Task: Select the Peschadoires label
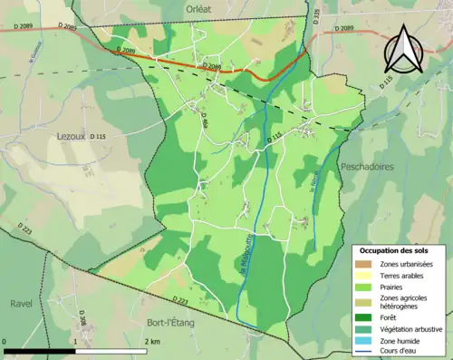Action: pos(365,167)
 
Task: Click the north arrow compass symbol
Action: pos(403,50)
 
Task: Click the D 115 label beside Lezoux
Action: pos(93,137)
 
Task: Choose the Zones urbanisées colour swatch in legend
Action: pos(364,264)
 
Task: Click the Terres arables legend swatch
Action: pos(364,276)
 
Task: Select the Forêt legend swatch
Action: pos(364,316)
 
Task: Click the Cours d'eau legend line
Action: pos(364,352)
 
